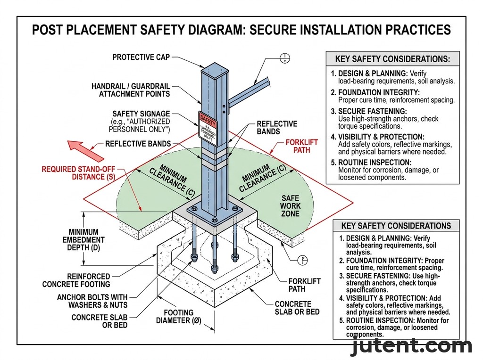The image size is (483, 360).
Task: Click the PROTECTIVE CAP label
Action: (141, 57)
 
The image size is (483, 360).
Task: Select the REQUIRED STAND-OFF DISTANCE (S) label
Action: (78, 173)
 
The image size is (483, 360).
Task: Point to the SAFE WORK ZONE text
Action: (290, 206)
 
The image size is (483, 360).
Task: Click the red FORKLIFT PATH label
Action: (302, 146)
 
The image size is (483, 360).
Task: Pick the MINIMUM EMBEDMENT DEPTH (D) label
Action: (83, 239)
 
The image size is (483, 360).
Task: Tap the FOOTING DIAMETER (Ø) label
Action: (178, 317)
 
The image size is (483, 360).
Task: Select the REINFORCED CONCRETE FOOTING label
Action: (76, 280)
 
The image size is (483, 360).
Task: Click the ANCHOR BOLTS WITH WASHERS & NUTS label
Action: (92, 301)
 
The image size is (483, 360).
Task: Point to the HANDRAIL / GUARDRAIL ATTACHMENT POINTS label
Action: (131, 90)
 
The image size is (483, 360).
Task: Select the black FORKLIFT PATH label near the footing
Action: (304, 285)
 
